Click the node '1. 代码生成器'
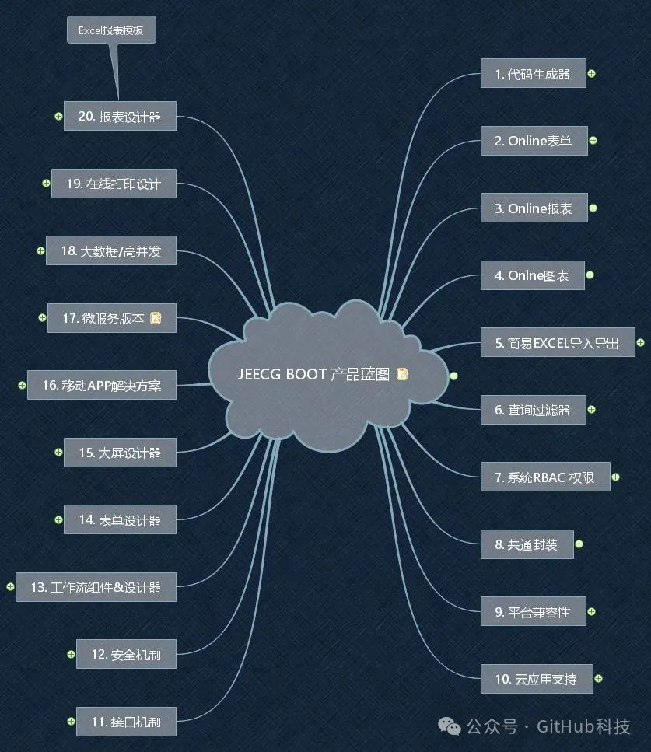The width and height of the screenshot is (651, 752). (533, 73)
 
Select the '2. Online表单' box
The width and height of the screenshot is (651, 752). (534, 141)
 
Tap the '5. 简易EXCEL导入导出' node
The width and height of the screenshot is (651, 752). (558, 342)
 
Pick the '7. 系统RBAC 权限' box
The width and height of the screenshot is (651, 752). (545, 477)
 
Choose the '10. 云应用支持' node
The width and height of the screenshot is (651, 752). (537, 679)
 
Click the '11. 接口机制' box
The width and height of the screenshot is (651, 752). (126, 722)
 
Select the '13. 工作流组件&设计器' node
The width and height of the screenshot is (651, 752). (96, 587)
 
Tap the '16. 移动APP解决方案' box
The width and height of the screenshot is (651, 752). (102, 385)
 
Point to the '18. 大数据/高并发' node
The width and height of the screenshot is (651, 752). (110, 250)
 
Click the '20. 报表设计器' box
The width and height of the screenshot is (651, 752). (120, 116)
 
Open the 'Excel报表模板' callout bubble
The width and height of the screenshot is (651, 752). (111, 30)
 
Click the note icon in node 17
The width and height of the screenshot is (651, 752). (156, 318)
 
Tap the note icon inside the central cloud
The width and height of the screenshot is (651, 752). (402, 374)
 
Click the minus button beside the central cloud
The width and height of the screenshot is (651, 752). (453, 376)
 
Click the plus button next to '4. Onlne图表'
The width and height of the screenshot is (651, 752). (590, 275)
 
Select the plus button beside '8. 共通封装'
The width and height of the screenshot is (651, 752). (579, 544)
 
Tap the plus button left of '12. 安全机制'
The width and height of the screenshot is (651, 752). (71, 654)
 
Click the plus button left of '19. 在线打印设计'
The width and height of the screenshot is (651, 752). (46, 183)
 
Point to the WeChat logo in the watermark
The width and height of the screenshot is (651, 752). (450, 726)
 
